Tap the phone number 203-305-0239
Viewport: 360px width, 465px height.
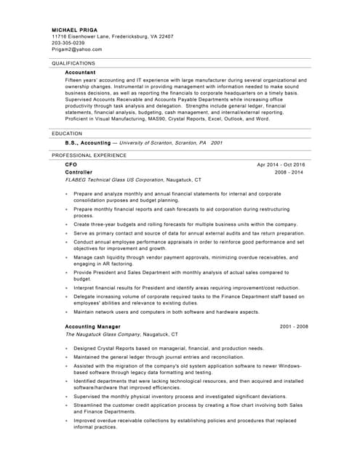click(68, 43)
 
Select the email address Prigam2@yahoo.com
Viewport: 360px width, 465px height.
click(77, 49)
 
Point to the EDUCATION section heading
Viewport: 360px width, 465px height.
click(67, 134)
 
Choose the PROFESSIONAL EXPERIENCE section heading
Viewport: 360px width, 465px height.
click(89, 155)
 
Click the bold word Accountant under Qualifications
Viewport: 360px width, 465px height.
click(80, 73)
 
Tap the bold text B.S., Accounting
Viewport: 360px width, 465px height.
click(87, 143)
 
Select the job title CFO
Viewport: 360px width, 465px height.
click(71, 165)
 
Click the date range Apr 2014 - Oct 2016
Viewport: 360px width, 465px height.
click(281, 165)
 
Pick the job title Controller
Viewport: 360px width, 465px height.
click(79, 172)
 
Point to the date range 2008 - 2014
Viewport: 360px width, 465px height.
click(289, 172)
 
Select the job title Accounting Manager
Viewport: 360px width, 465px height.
click(92, 327)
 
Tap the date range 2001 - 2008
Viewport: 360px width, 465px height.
click(294, 327)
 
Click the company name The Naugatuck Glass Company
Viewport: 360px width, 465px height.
click(103, 334)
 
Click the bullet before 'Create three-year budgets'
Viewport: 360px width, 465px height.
click(67, 225)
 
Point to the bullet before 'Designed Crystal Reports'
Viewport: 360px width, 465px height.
click(67, 349)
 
